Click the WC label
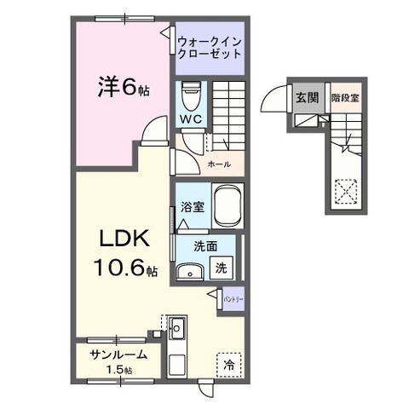tap(189, 119)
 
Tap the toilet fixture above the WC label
tap(189, 91)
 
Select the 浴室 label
tap(193, 206)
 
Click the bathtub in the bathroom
tap(228, 206)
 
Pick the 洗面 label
tap(193, 246)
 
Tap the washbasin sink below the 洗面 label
tap(190, 272)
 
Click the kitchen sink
tap(176, 327)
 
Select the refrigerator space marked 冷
tap(228, 361)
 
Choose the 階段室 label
tap(344, 97)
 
